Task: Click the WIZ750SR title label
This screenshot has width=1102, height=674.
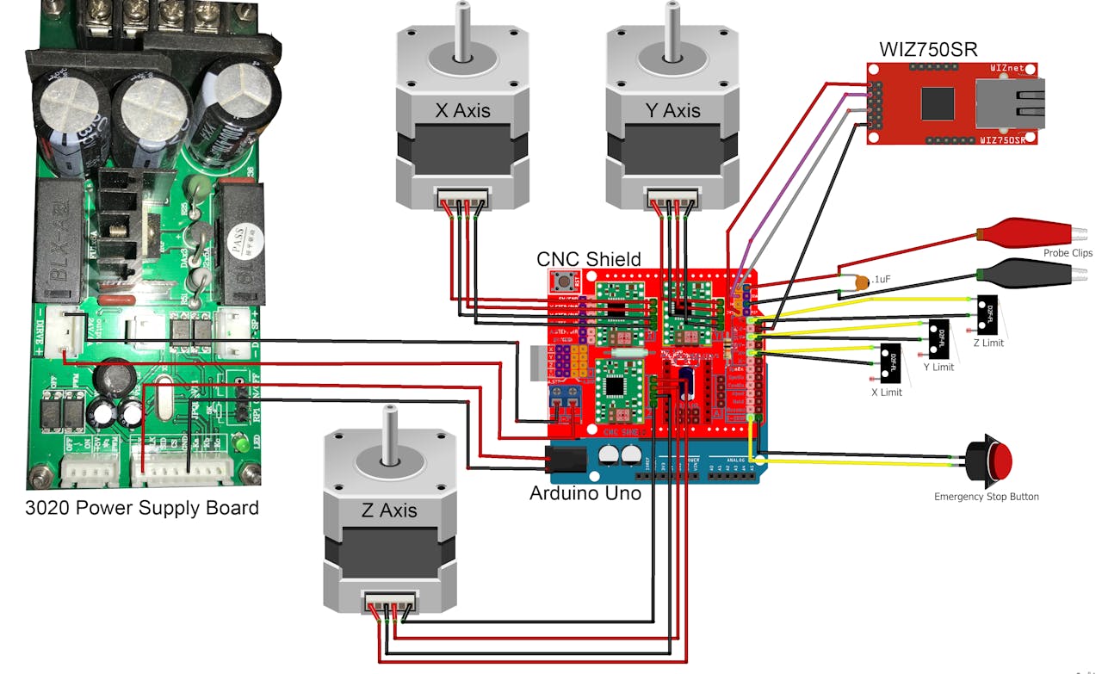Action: (x=927, y=47)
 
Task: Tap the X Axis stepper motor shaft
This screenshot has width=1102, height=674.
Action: (x=462, y=30)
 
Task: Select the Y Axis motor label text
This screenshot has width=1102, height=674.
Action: (x=672, y=110)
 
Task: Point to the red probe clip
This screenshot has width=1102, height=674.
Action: (x=1025, y=232)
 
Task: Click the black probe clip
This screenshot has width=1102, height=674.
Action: (x=1025, y=274)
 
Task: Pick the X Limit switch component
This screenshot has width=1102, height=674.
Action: (x=890, y=363)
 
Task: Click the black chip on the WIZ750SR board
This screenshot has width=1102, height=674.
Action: (x=938, y=103)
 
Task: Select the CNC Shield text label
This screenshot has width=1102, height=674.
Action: (x=588, y=259)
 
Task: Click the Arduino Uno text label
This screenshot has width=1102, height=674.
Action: (x=585, y=494)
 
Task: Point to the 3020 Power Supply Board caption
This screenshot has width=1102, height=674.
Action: (x=142, y=507)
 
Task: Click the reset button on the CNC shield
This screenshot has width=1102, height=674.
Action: (x=566, y=281)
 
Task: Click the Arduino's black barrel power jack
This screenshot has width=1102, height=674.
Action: (x=565, y=461)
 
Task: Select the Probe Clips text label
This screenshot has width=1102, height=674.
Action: (x=1068, y=253)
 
